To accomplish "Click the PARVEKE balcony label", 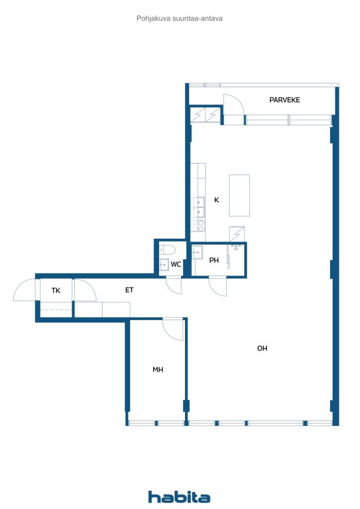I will [284, 100].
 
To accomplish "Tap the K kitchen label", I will [216, 200].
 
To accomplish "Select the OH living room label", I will [262, 348].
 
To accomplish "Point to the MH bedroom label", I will [158, 370].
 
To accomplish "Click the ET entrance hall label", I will [129, 290].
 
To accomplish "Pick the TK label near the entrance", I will [56, 290].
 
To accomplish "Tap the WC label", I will [176, 264].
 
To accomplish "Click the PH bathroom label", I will [214, 260].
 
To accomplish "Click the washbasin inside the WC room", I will [164, 265].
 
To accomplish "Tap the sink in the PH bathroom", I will [198, 253].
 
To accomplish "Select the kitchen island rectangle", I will [239, 195].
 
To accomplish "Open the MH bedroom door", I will [173, 329].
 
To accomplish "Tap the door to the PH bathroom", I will [218, 286].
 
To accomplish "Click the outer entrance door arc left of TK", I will [25, 291].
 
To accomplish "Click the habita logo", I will [179, 497].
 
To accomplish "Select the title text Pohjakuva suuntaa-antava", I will [179, 18].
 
